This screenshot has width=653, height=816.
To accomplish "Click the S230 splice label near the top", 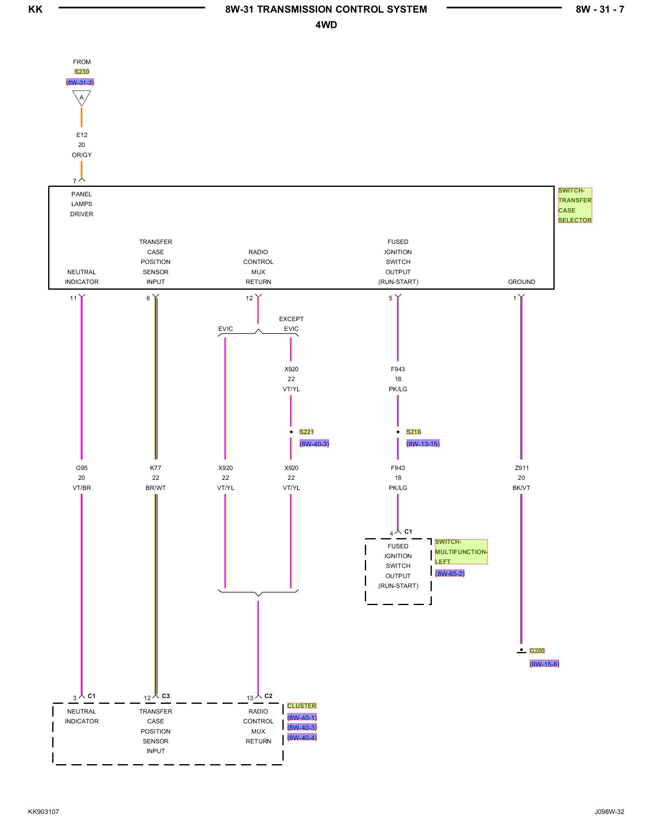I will click(x=82, y=72).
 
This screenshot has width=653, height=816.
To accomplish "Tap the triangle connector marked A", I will click(x=82, y=98).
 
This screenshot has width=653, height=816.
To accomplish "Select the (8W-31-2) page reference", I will click(x=80, y=82).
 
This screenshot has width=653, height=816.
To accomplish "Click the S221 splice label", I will click(x=306, y=432).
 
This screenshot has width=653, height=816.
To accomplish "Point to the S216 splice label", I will click(x=413, y=432).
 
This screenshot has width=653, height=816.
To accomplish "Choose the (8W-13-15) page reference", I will click(x=423, y=444).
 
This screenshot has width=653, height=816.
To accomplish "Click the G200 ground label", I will click(x=537, y=651).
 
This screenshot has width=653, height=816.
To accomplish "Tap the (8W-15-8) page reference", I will click(x=544, y=664).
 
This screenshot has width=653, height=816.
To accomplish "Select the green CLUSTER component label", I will click(x=302, y=706).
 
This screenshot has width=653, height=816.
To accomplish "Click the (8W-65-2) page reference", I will click(x=450, y=574).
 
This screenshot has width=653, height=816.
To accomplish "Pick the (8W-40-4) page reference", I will click(x=302, y=738).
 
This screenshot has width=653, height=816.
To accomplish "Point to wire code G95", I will click(x=82, y=468).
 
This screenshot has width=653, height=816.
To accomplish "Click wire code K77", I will click(x=155, y=468).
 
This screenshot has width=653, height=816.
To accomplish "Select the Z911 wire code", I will click(x=522, y=468).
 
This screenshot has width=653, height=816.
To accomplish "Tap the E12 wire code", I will click(x=82, y=135).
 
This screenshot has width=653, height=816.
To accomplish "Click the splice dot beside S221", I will click(x=291, y=432).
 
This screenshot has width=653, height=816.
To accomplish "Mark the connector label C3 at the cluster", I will click(x=166, y=696).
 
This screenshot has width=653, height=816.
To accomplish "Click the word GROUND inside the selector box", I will click(x=522, y=282).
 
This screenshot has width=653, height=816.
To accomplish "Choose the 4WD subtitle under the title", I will click(x=326, y=25).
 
